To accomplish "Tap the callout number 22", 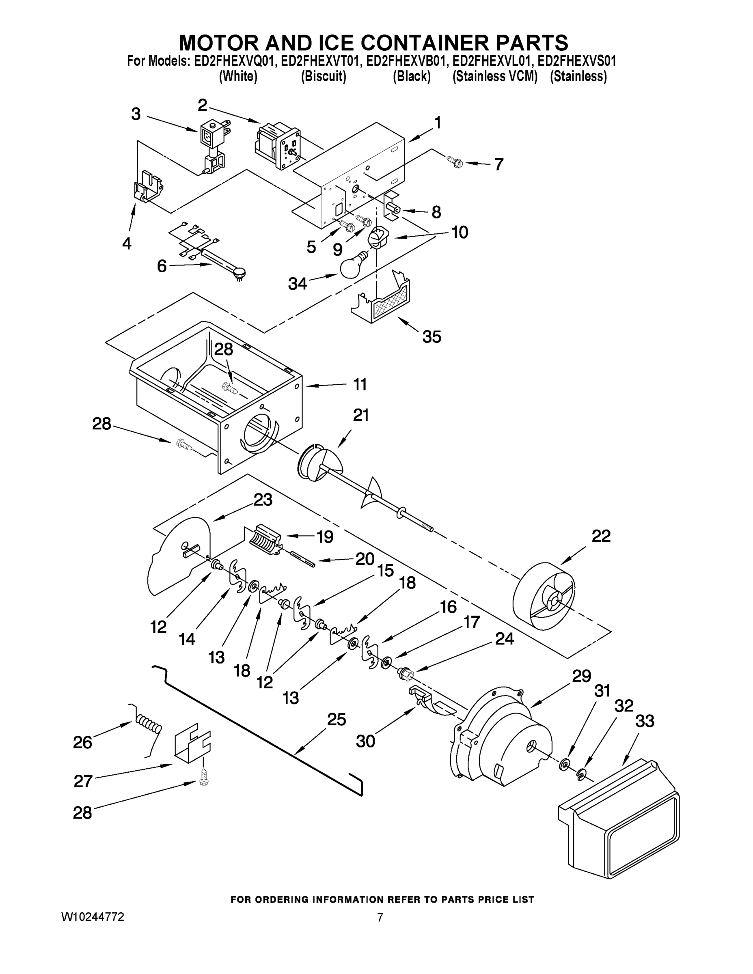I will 600,536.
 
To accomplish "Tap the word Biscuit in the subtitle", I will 324,77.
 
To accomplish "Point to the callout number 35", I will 432,337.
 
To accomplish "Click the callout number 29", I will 581,676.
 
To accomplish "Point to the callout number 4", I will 127,243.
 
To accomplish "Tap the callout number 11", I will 360,384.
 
